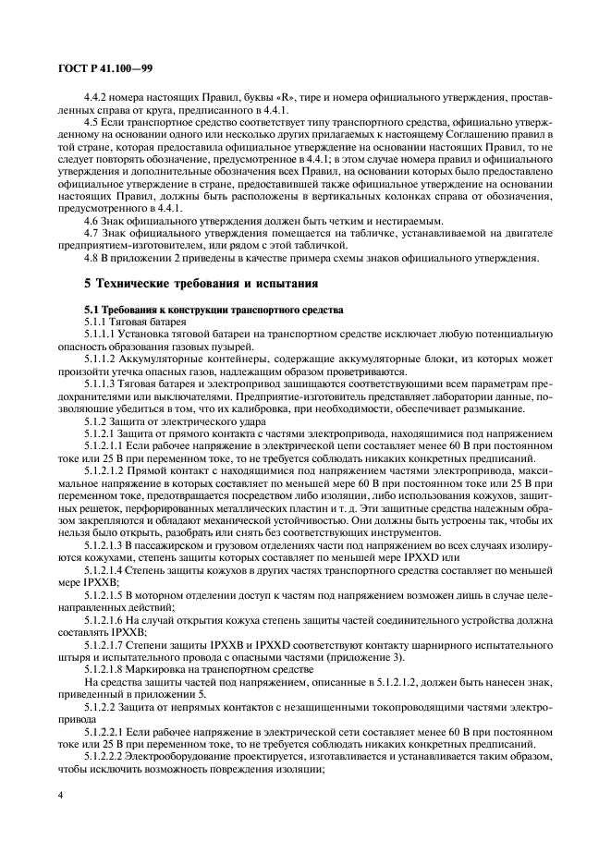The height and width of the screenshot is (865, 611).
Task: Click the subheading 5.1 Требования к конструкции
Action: (213, 309)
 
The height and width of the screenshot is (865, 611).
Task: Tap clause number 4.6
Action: (92, 221)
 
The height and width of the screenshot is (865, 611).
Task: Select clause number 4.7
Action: (92, 234)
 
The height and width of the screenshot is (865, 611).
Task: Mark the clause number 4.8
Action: (92, 259)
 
